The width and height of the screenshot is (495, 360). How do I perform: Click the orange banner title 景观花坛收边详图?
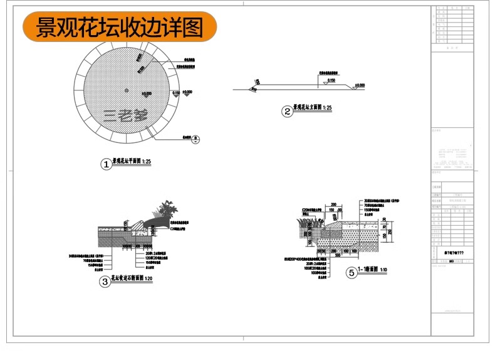pyautogui.click(x=119, y=28)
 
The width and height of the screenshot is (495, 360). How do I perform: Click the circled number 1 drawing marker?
pyautogui.click(x=106, y=164)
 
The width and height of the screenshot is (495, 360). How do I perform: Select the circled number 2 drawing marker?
pyautogui.click(x=288, y=112)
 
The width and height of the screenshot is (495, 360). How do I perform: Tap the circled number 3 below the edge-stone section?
pyautogui.click(x=105, y=282)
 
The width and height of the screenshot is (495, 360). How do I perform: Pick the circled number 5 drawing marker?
pyautogui.click(x=351, y=272)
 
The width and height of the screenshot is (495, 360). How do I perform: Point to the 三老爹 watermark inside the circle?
pyautogui.click(x=125, y=115)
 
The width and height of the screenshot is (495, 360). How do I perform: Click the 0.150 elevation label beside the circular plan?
pyautogui.click(x=175, y=93)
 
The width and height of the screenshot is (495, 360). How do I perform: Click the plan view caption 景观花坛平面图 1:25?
pyautogui.click(x=132, y=162)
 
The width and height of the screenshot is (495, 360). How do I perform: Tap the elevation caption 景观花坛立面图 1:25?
pyautogui.click(x=313, y=109)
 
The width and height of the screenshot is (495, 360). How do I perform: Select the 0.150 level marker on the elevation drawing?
pyautogui.click(x=331, y=81)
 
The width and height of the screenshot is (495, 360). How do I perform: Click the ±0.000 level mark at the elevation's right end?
pyautogui.click(x=358, y=85)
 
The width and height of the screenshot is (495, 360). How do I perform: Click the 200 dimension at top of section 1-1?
pyautogui.click(x=334, y=204)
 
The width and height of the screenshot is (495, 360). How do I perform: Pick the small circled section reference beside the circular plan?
pyautogui.click(x=195, y=139)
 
